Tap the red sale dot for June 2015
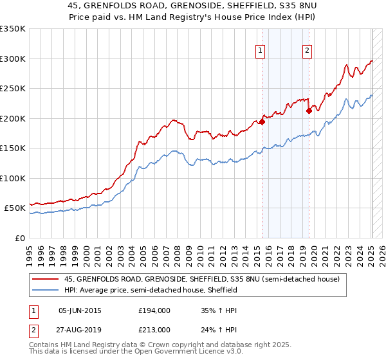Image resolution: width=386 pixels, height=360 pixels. pos(262,122)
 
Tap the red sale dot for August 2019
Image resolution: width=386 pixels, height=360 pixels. pos(309,111)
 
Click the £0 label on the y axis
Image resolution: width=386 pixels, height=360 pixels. pos(21,238)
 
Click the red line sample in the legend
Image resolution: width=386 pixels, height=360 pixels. pos(46,279)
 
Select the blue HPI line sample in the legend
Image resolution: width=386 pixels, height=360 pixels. pos(46,290)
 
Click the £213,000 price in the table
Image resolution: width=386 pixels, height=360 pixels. pos(154,329)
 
